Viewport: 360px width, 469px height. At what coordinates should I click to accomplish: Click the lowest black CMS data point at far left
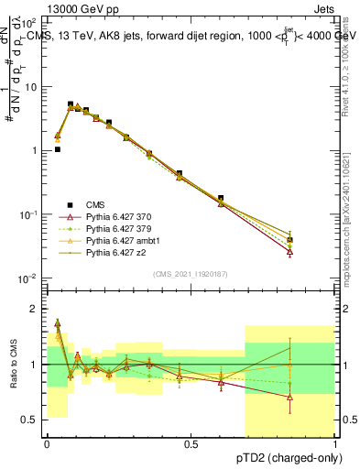pos(58,149)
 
